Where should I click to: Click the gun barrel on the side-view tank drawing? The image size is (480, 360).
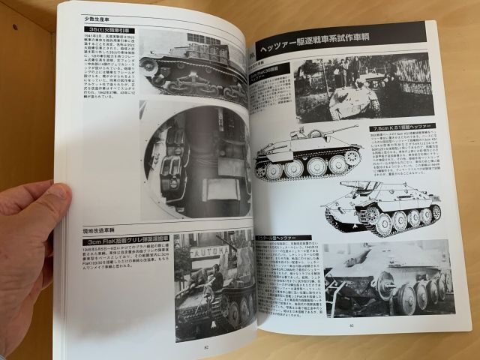[x=342, y=130]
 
